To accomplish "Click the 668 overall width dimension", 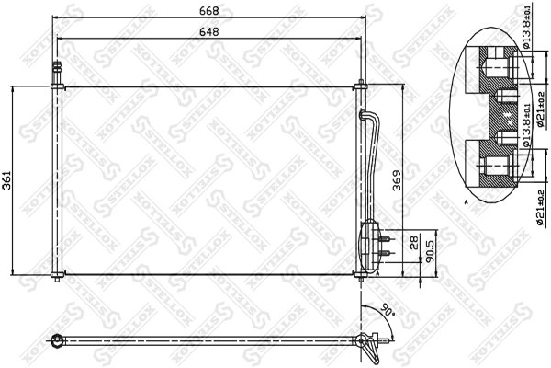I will coord(214,11).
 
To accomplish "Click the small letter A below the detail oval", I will coord(467,200).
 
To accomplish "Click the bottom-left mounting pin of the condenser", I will coord(58,277).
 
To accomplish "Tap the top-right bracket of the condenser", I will coord(362,88).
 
